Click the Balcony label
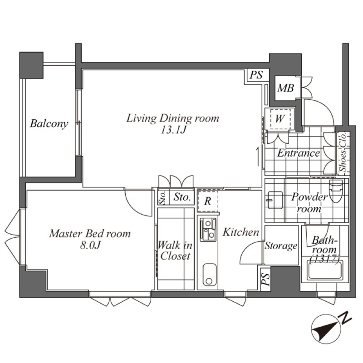(x=49, y=123)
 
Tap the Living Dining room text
(x=173, y=118)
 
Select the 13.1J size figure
(x=173, y=130)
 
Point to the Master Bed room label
(x=90, y=234)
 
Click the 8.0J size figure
(x=90, y=245)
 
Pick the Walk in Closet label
(x=175, y=250)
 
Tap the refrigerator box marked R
(x=208, y=201)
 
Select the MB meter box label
(x=286, y=88)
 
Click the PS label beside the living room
(x=256, y=75)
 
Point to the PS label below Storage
(x=265, y=280)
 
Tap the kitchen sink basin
(x=210, y=275)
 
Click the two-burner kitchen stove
(x=208, y=229)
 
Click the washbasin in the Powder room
(x=275, y=200)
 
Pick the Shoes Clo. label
(x=343, y=152)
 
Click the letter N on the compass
(x=345, y=318)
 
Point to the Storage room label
(x=281, y=246)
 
